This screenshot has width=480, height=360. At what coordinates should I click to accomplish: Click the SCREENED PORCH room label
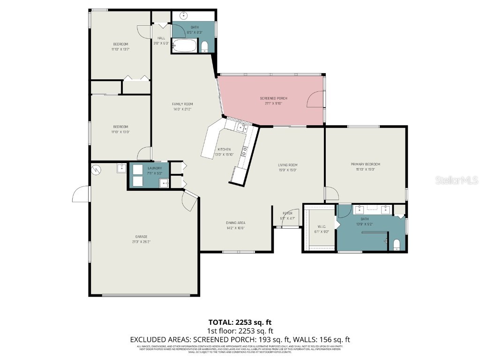[x=273, y=98]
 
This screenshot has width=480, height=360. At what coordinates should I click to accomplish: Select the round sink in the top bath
[x=184, y=16]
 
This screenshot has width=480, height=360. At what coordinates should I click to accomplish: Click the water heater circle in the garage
[x=96, y=170]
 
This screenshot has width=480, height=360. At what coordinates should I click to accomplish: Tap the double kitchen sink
[x=242, y=127]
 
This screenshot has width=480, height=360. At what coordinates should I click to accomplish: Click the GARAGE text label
[x=142, y=236]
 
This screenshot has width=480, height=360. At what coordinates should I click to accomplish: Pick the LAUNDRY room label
[x=155, y=168]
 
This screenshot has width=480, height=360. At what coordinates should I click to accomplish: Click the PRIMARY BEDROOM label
[x=365, y=164]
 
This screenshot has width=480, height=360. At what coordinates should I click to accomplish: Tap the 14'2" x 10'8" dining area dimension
[x=235, y=228]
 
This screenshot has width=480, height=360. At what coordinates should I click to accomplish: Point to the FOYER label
[x=287, y=213]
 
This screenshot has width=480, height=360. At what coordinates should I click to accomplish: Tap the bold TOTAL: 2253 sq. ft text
[x=240, y=322]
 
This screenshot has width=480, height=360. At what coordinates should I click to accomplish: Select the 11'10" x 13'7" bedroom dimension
[x=120, y=49]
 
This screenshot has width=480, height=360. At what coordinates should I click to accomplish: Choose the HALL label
[x=161, y=38]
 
